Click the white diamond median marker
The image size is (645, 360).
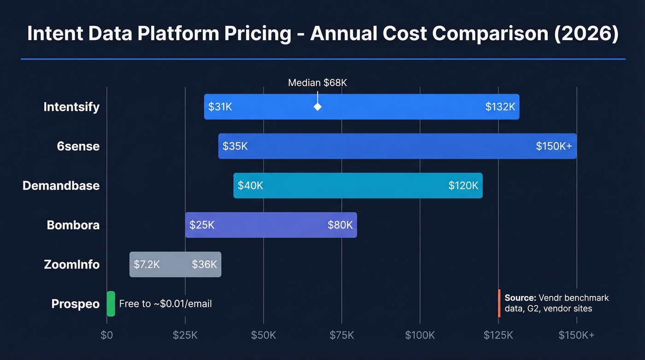pos(317,107)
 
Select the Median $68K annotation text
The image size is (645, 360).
pos(317,83)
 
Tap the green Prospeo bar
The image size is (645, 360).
pos(111,304)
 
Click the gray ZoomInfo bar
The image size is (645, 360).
pos(175,265)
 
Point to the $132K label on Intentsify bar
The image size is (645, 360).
pos(500,107)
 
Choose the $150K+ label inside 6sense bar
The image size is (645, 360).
pos(553,146)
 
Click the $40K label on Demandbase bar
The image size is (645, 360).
pos(250,186)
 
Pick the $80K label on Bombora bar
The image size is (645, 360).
pos(340,225)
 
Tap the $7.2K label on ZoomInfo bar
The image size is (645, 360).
pos(147,265)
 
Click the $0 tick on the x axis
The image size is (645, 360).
pos(106,335)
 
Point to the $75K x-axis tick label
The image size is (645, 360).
pos(342,335)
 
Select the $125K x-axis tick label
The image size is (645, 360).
pos(498,335)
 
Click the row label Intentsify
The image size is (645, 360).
pos(71,107)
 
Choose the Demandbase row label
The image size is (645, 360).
pos(61,186)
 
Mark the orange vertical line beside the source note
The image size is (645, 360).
pos(499,303)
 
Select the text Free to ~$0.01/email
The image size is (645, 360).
pos(165,304)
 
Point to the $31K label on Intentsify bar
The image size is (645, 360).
pos(220,107)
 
